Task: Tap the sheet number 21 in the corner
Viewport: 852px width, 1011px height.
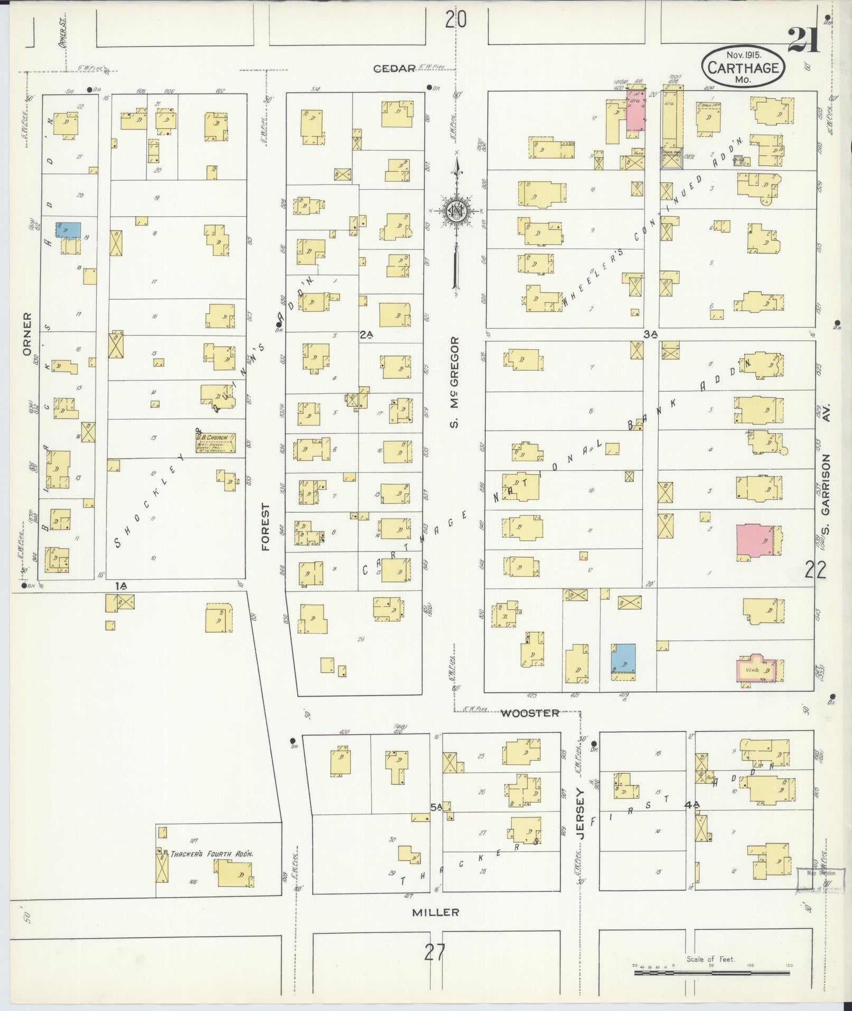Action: pos(804,40)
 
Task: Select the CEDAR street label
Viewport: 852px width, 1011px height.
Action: pos(395,68)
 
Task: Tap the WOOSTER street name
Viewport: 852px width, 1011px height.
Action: pos(530,713)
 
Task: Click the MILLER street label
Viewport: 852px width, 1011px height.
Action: pos(436,912)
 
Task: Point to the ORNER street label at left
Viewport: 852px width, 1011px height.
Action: pos(27,336)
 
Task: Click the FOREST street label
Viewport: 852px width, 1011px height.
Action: pos(265,527)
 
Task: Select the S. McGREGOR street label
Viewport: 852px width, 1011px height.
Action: pos(456,382)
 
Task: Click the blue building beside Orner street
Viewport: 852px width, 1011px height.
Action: pos(69,229)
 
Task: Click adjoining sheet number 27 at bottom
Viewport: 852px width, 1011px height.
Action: pos(435,953)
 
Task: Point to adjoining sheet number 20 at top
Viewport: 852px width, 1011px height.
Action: pos(456,20)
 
